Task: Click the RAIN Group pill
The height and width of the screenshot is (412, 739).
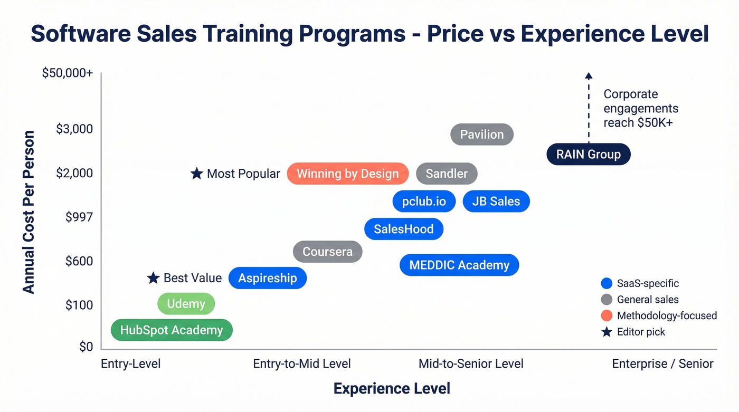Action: pyautogui.click(x=588, y=155)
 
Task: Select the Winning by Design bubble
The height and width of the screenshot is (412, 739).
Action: pyautogui.click(x=347, y=174)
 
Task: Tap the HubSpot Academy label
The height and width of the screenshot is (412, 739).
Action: pyautogui.click(x=172, y=330)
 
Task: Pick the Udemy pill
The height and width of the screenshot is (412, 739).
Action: pyautogui.click(x=186, y=304)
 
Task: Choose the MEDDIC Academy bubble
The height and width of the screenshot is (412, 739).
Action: pyautogui.click(x=459, y=265)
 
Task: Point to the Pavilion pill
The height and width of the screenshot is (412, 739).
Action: pyautogui.click(x=481, y=135)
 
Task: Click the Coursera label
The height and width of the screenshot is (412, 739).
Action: pyautogui.click(x=327, y=252)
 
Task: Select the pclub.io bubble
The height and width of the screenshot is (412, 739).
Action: pyautogui.click(x=424, y=202)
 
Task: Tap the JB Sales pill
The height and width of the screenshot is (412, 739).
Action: pyautogui.click(x=496, y=202)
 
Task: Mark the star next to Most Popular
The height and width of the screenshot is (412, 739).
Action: pyautogui.click(x=197, y=174)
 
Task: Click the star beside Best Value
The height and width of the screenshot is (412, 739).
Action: pyautogui.click(x=153, y=278)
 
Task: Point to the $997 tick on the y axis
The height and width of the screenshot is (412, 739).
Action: pyautogui.click(x=79, y=217)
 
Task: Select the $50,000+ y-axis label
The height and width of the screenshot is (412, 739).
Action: pyautogui.click(x=68, y=73)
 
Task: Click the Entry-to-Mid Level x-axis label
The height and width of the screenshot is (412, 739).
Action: pyautogui.click(x=302, y=363)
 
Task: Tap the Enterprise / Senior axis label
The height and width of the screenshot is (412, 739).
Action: pyautogui.click(x=662, y=363)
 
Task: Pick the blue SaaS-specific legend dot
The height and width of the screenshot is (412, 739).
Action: pyautogui.click(x=607, y=284)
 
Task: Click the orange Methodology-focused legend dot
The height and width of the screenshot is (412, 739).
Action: pyautogui.click(x=607, y=316)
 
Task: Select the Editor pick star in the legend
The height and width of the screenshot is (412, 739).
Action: pyautogui.click(x=607, y=332)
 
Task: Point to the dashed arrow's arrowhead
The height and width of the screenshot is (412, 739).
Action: pyautogui.click(x=589, y=76)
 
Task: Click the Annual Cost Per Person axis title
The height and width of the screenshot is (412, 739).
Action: pyautogui.click(x=29, y=212)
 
